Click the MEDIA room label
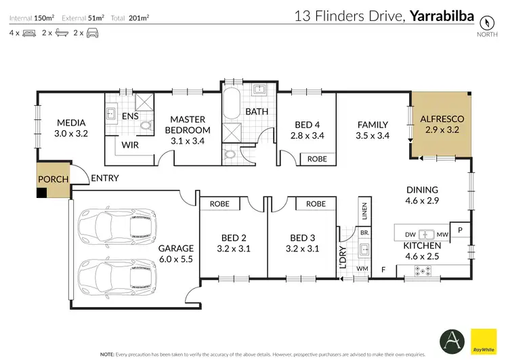(x=70, y=123)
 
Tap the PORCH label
(x=52, y=180)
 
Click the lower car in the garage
(x=108, y=272)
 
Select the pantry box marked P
(x=460, y=231)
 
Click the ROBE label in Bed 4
(x=317, y=159)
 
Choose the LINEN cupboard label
(x=364, y=212)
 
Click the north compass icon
(x=484, y=21)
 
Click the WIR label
(x=131, y=144)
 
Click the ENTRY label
(x=104, y=178)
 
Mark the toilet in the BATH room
(x=231, y=154)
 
